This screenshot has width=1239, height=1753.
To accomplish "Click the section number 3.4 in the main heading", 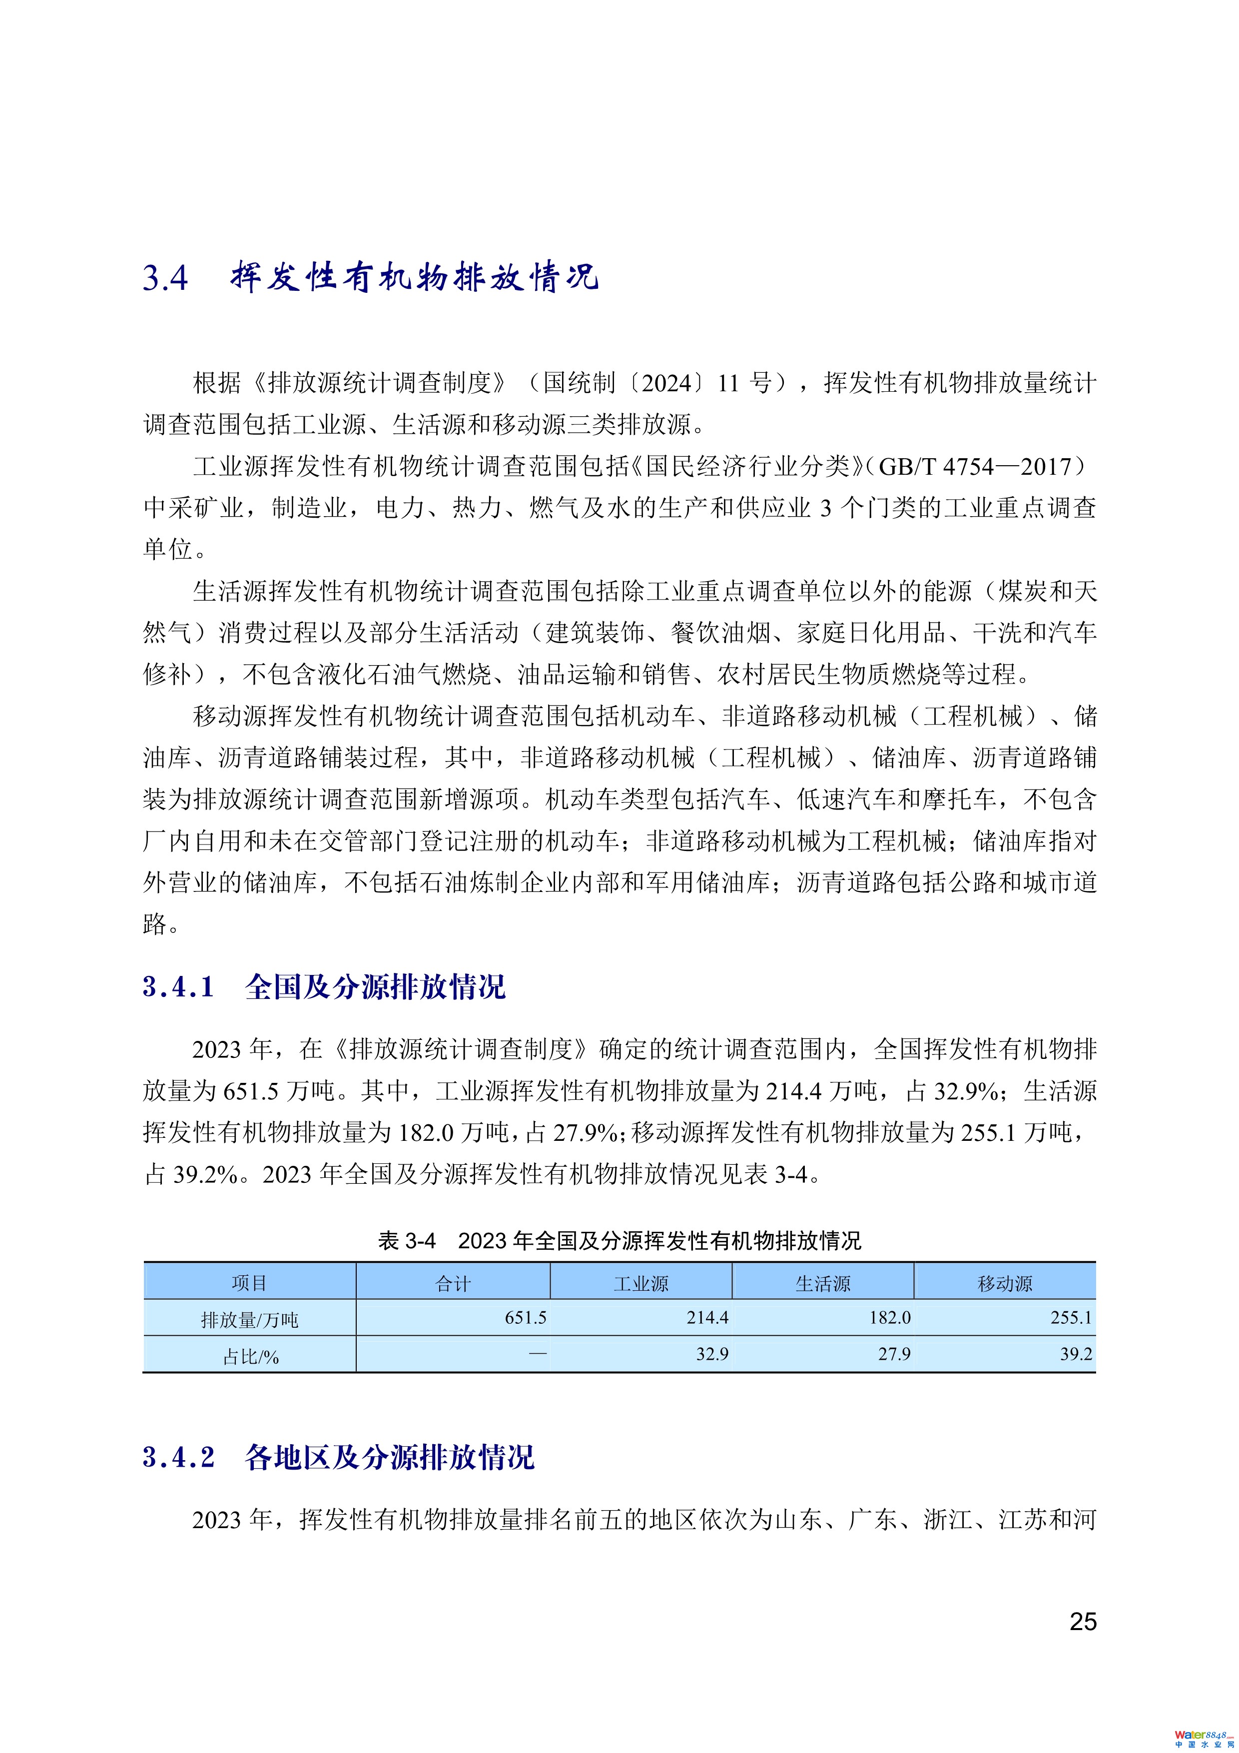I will click(x=165, y=278).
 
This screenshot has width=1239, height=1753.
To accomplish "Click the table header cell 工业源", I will click(x=640, y=1283).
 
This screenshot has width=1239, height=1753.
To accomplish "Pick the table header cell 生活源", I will click(x=822, y=1283).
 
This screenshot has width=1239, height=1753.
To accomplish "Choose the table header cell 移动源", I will click(x=1005, y=1283).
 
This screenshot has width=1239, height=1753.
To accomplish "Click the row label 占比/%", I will click(x=250, y=1356).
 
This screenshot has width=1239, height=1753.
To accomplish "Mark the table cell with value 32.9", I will click(x=711, y=1354).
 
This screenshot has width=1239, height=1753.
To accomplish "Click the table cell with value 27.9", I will click(x=894, y=1354).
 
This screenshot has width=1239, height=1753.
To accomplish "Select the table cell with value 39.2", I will click(x=1076, y=1354).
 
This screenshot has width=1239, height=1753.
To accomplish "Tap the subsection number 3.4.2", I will click(x=179, y=1458).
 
